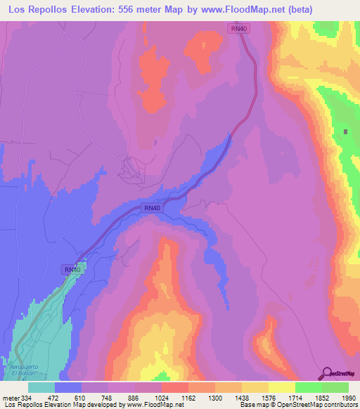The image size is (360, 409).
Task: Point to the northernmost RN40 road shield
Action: click(239, 28)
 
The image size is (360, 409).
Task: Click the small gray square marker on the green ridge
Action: click(346, 131)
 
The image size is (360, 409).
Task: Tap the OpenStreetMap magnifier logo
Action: click(328, 372)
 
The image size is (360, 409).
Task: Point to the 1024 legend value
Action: click(162, 398)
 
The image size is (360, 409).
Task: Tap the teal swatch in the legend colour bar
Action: click(41, 387)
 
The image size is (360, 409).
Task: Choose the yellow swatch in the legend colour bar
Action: click(281, 387)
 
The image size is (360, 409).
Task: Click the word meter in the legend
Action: click(11, 398)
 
